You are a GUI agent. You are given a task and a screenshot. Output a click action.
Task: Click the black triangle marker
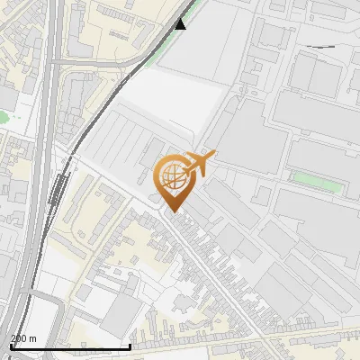(181, 23)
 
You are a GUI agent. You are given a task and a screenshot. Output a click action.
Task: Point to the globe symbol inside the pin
(172, 175)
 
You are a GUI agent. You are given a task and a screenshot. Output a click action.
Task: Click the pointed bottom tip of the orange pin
(173, 211)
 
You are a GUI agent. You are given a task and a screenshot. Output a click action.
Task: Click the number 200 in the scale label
(18, 338)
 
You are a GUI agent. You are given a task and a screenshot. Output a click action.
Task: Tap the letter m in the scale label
(32, 338)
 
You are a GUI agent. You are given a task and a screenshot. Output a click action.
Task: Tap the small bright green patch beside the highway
(4, 116)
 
